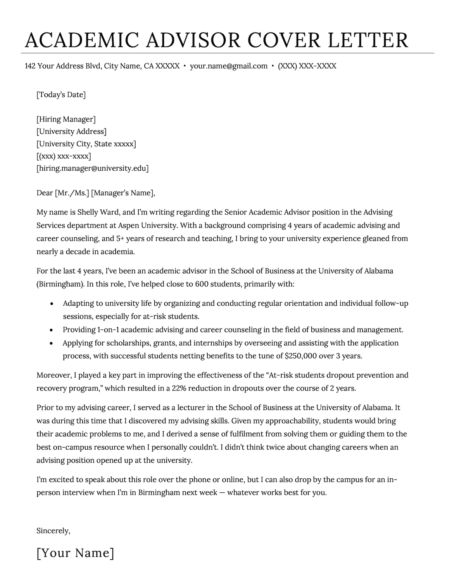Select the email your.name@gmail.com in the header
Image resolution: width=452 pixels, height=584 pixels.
pos(229,66)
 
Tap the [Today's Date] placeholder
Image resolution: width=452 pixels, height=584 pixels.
pos(61,94)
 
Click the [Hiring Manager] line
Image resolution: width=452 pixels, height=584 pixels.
pos(66,119)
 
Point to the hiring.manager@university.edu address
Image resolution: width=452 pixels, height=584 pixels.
pos(93,168)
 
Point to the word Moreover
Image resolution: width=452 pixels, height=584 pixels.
pos(52,375)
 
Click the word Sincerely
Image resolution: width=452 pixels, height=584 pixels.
pos(53,531)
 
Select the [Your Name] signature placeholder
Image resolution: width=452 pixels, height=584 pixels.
pos(75,553)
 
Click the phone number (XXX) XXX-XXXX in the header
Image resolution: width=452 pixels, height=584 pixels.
pos(307,66)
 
